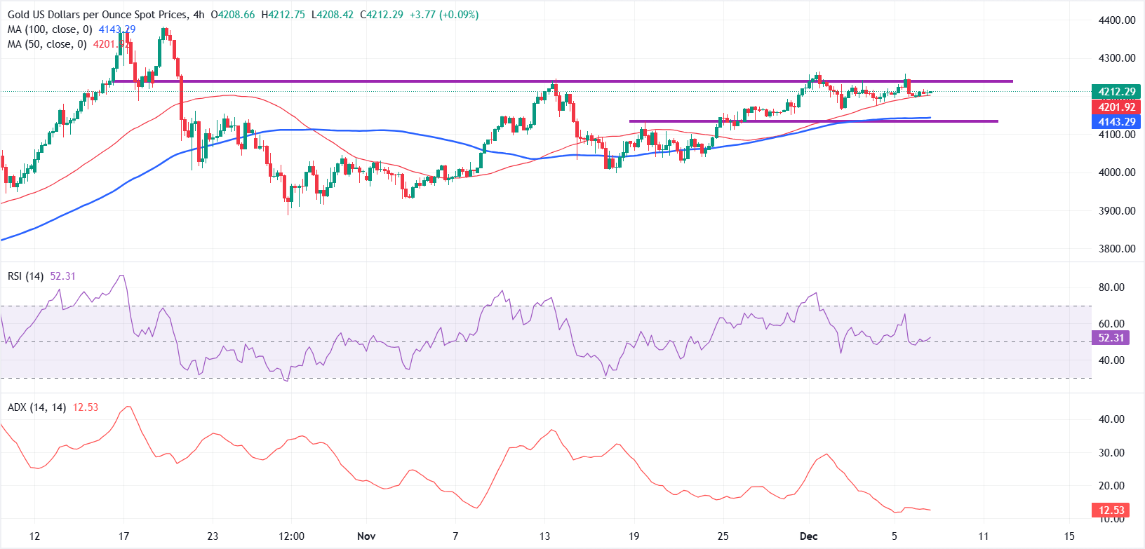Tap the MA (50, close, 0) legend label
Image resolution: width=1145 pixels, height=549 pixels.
[48, 44]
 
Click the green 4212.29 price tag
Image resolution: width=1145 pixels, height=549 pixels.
[1116, 92]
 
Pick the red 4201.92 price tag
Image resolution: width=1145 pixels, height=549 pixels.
[1116, 107]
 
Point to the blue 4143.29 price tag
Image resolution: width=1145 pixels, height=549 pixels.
[1116, 122]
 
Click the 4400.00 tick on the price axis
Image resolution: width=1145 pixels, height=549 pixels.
[1116, 20]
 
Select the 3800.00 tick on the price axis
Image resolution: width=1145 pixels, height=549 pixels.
[1116, 248]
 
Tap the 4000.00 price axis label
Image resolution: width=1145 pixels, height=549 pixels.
[1116, 172]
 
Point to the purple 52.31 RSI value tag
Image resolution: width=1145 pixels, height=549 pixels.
[1111, 338]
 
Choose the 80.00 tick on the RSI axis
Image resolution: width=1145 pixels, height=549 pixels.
[1111, 287]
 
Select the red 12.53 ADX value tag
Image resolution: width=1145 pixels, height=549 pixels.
[1111, 510]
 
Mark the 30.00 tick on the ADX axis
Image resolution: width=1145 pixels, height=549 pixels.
[1111, 453]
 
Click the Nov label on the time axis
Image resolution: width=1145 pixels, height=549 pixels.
[366, 536]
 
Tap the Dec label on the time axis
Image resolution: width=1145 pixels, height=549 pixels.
[808, 536]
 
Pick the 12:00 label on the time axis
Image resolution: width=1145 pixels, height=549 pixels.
[291, 536]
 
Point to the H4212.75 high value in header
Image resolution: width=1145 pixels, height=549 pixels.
[283, 15]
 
